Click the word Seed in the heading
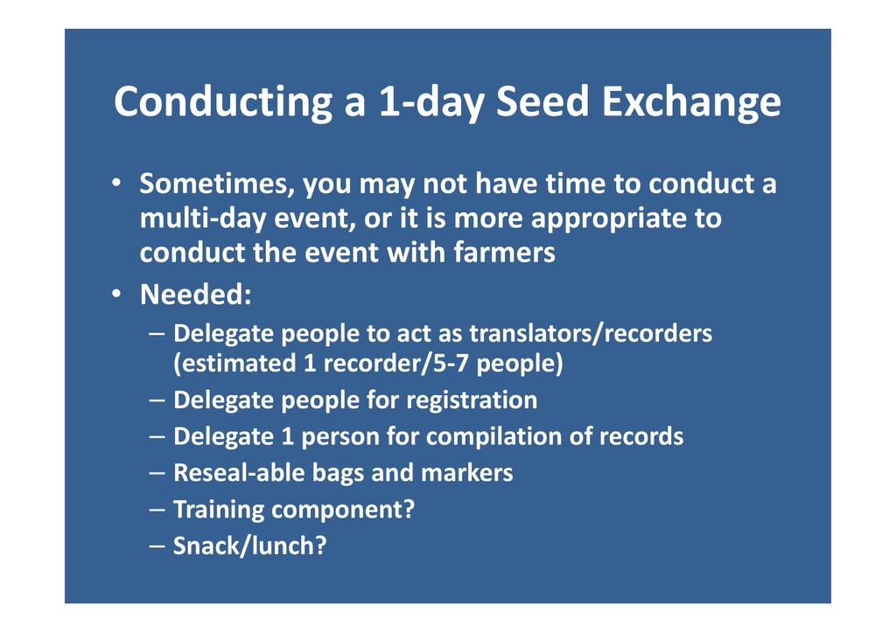[x=542, y=101]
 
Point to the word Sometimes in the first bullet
[x=217, y=184]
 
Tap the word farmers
[x=504, y=252]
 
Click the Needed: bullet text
[x=195, y=295]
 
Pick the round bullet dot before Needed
[x=116, y=295]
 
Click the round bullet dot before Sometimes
[x=116, y=184]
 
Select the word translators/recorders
[x=591, y=333]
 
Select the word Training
[x=218, y=510]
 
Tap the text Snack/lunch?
[x=249, y=546]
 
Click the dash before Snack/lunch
[x=157, y=546]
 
